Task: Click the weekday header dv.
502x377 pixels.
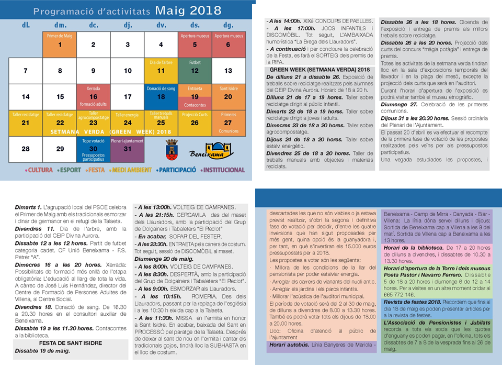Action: (161, 25)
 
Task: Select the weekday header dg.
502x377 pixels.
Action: (229, 25)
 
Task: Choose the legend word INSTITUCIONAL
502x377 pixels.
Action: (223, 170)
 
